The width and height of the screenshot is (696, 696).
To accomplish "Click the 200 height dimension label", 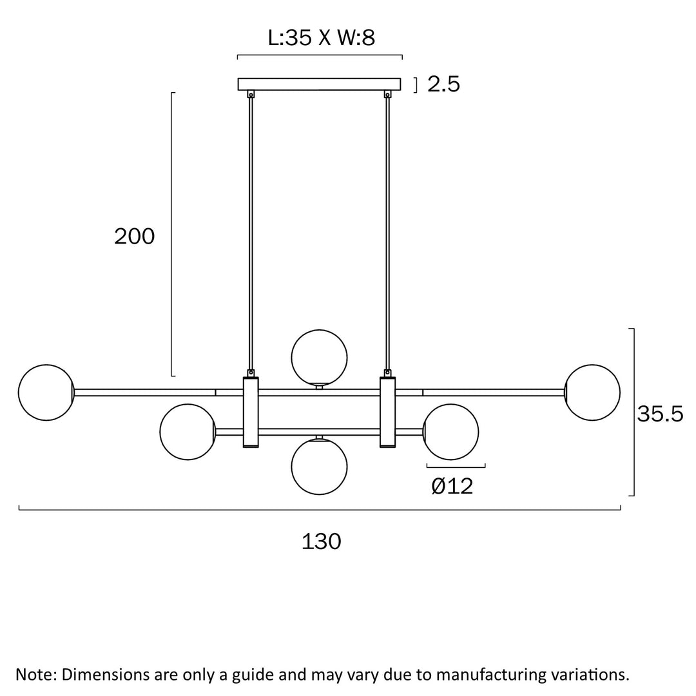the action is click(135, 236).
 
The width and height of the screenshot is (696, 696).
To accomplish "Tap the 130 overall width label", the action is click(322, 541).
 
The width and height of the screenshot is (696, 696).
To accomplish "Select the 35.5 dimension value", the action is click(660, 414).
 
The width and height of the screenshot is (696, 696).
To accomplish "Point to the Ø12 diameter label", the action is click(452, 487).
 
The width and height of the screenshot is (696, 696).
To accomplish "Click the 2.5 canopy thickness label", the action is click(443, 84).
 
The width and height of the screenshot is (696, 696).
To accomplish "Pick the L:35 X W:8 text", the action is click(322, 38).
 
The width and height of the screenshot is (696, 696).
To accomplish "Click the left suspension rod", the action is click(251, 233).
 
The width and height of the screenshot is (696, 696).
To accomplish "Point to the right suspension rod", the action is click(387, 233).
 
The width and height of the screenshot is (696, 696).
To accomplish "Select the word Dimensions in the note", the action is click(105, 675).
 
